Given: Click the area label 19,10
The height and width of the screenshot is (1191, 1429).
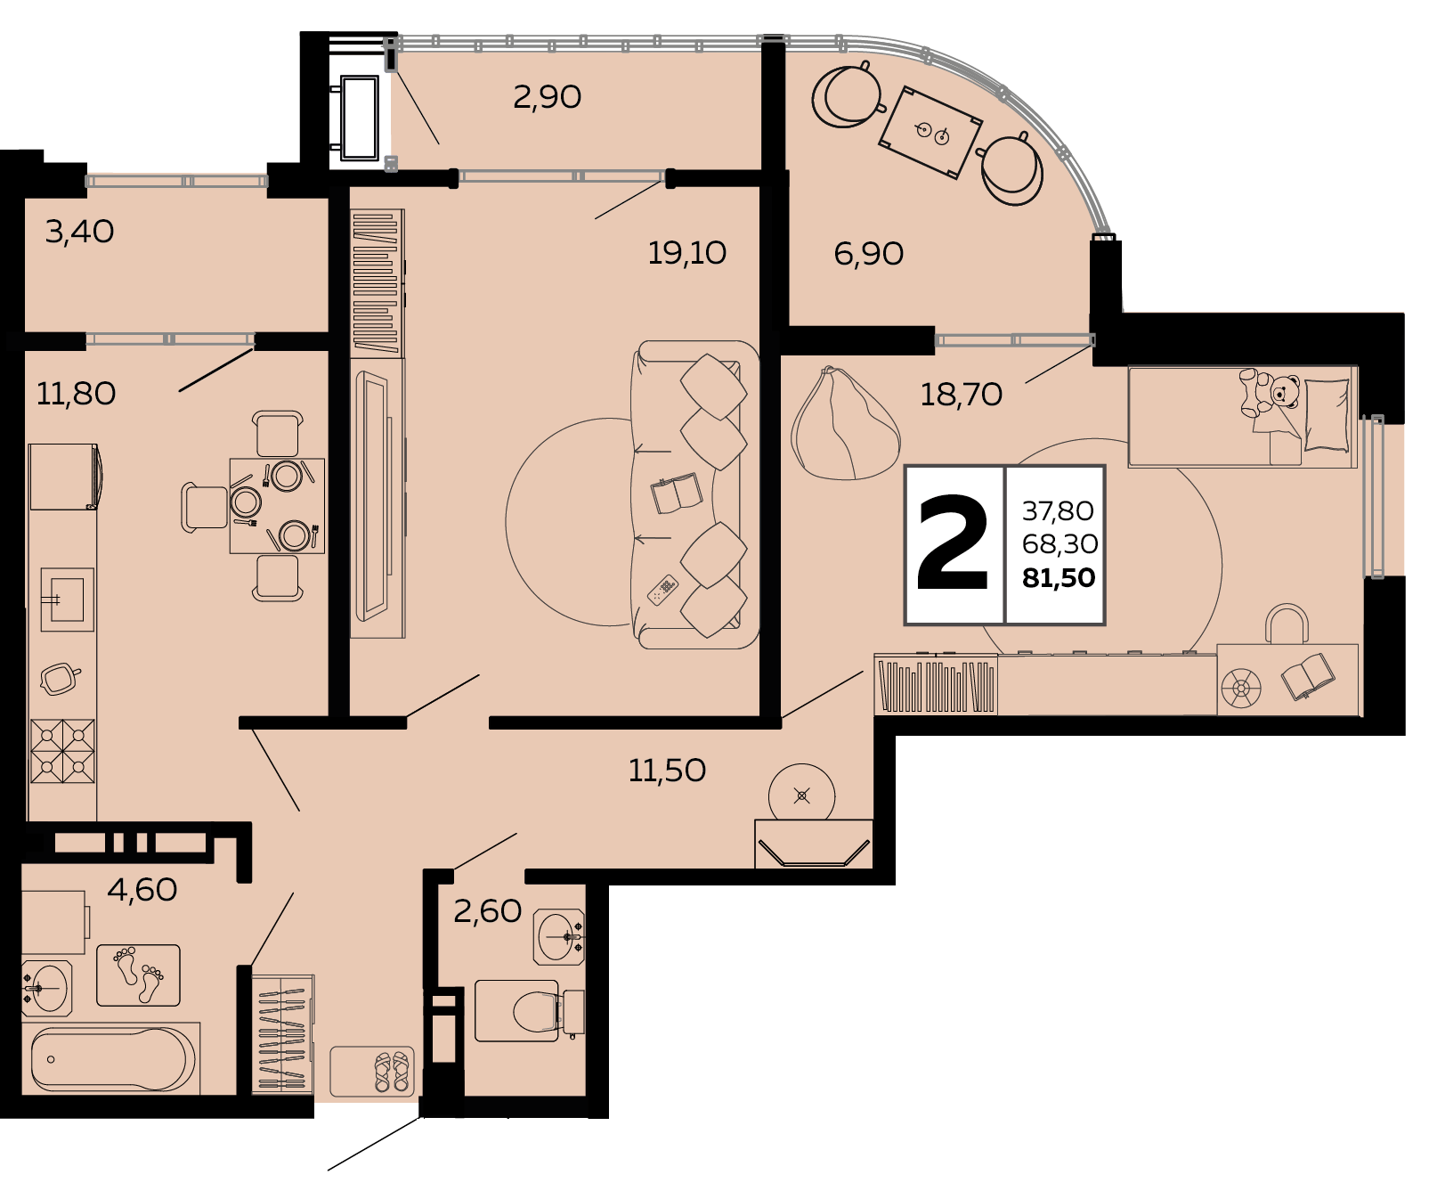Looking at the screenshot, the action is click(686, 254).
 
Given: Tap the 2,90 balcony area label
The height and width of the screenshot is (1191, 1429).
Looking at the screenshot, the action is click(547, 97).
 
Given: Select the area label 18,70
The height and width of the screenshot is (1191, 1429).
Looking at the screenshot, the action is click(961, 395).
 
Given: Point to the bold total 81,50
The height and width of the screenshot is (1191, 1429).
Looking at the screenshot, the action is click(1059, 578).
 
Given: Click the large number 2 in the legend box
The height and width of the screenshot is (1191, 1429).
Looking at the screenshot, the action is click(953, 543).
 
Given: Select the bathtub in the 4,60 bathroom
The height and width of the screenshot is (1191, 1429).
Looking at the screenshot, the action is click(114, 1059).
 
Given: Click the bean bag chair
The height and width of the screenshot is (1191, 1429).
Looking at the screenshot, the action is click(844, 426).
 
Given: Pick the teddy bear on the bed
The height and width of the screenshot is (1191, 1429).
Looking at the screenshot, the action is click(1269, 393).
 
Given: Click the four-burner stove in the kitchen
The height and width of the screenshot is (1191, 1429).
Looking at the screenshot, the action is click(62, 751).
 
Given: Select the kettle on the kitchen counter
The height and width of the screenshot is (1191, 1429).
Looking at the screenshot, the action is click(60, 679).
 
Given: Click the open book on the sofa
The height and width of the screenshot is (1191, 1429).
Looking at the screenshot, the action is click(677, 493).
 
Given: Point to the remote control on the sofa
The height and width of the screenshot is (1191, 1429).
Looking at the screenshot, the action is click(662, 590).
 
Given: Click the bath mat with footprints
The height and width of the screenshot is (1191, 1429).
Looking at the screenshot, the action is click(138, 975).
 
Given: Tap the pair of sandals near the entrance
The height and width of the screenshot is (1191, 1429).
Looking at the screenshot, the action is click(392, 1072).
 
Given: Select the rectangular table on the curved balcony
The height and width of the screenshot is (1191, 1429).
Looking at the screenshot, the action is click(930, 133).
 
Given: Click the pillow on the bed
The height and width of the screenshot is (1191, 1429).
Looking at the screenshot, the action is click(1327, 415).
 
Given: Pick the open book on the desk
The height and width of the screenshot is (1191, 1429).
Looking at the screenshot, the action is click(1308, 676).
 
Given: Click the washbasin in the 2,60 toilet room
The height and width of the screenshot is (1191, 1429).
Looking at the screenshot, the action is click(559, 937).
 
